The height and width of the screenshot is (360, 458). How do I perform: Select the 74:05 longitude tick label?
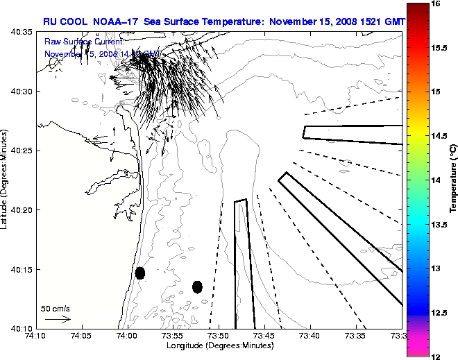(x=81, y=336)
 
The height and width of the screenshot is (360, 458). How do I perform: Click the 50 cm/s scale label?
(x=55, y=308)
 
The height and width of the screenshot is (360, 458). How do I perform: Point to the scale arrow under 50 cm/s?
(x=57, y=319)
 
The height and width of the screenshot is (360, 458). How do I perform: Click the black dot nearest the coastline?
(x=140, y=273)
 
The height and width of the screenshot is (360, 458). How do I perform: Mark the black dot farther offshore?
(x=197, y=286)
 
